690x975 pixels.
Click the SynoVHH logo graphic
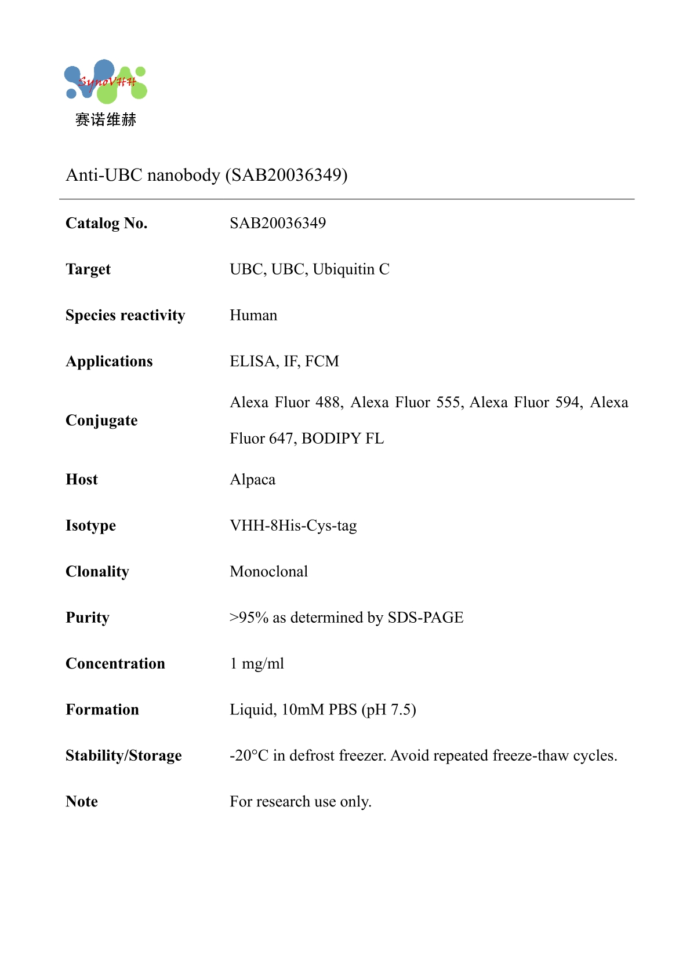(x=106, y=82)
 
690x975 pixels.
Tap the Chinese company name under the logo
(x=106, y=120)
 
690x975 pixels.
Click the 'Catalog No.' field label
(x=107, y=223)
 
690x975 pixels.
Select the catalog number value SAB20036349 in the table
(x=278, y=223)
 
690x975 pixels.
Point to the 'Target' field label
(x=88, y=269)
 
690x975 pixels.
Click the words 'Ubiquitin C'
(x=351, y=269)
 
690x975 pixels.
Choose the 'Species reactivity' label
(x=125, y=315)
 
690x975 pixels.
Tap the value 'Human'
(x=253, y=315)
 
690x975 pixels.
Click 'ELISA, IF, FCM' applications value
(x=284, y=361)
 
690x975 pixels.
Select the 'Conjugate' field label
(x=101, y=421)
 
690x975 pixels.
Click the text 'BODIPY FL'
(x=343, y=439)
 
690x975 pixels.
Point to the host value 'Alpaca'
(x=252, y=480)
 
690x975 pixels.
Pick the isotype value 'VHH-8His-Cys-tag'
(x=293, y=525)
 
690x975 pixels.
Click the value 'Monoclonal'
(x=268, y=572)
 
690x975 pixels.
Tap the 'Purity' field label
(x=88, y=618)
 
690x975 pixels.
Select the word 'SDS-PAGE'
(x=426, y=618)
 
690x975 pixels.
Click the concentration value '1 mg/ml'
(x=257, y=664)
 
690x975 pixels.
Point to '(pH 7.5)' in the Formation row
(x=388, y=710)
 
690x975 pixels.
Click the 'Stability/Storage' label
(x=124, y=755)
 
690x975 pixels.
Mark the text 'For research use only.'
(x=300, y=802)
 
